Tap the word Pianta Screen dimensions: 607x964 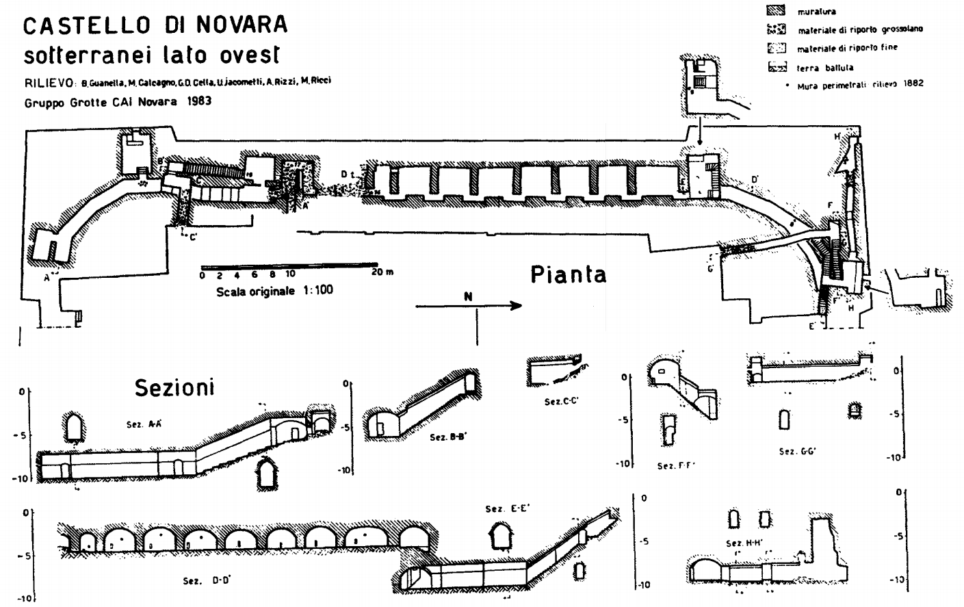pyautogui.click(x=568, y=274)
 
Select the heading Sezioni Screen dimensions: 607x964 pyautogui.click(x=174, y=387)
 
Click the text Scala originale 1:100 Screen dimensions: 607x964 pyautogui.click(x=275, y=290)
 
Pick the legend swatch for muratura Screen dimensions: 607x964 pyautogui.click(x=777, y=11)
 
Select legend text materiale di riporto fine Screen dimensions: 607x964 pyautogui.click(x=847, y=48)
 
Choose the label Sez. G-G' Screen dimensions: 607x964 pyautogui.click(x=798, y=452)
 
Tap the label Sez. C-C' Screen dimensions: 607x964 pyautogui.click(x=562, y=402)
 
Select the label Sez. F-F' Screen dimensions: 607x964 pyautogui.click(x=676, y=466)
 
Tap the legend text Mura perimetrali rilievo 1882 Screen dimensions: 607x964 pyautogui.click(x=860, y=84)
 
